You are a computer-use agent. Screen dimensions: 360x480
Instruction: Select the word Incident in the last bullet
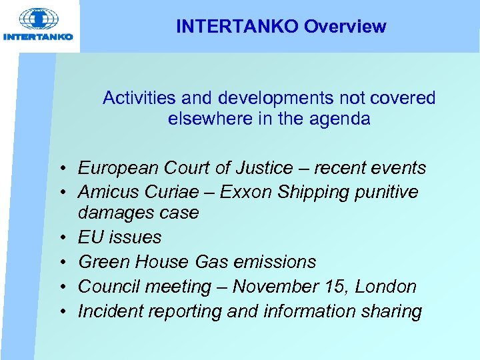107,311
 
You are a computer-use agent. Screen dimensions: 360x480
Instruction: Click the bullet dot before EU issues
60,238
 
